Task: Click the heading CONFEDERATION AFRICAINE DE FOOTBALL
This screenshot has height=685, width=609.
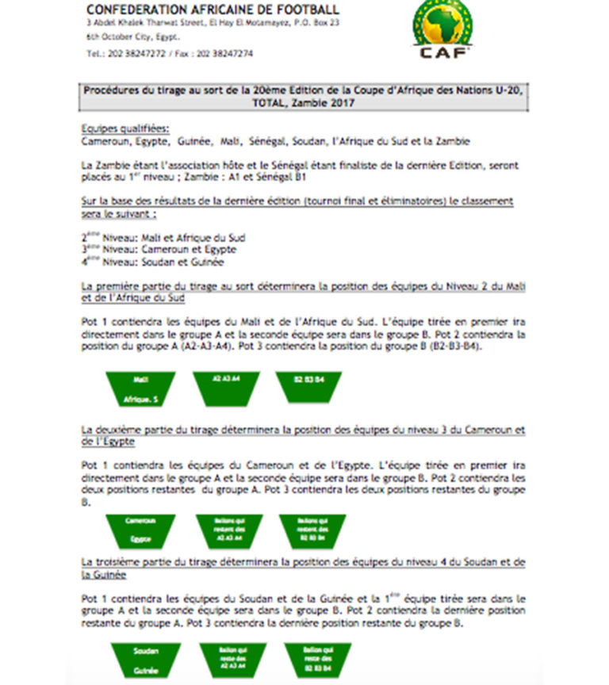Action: point(213,10)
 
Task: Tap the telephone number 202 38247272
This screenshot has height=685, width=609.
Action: point(137,54)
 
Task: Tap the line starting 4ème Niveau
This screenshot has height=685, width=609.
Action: point(152,262)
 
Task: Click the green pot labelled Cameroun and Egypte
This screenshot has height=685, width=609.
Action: point(140,530)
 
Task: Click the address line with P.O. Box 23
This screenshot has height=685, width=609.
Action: point(212,24)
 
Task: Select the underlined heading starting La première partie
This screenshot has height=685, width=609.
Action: point(304,291)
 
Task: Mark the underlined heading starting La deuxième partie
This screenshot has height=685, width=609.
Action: point(304,435)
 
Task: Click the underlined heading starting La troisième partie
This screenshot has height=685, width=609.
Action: point(304,566)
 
